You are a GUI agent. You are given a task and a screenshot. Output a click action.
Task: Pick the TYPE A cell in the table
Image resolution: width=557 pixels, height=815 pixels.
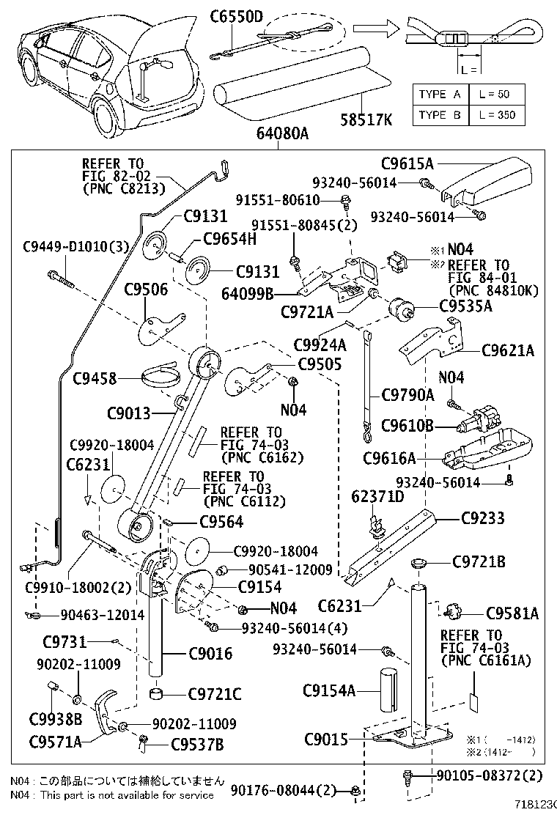pos(440,95)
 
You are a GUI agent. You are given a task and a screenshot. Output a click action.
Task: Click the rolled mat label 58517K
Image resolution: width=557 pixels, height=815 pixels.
pos(365,118)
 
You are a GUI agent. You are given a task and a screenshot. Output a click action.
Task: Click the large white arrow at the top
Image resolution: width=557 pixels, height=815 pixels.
pos(375,28)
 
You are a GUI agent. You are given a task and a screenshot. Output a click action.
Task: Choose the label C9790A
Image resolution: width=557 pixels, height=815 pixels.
pos(407,395)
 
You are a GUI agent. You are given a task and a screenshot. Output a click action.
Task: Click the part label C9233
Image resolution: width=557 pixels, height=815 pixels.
pos(483,518)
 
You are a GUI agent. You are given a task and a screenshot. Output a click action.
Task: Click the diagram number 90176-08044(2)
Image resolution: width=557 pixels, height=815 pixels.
pos(283,790)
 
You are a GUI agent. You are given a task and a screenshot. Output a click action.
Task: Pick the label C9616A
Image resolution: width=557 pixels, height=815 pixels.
pos(389,458)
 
